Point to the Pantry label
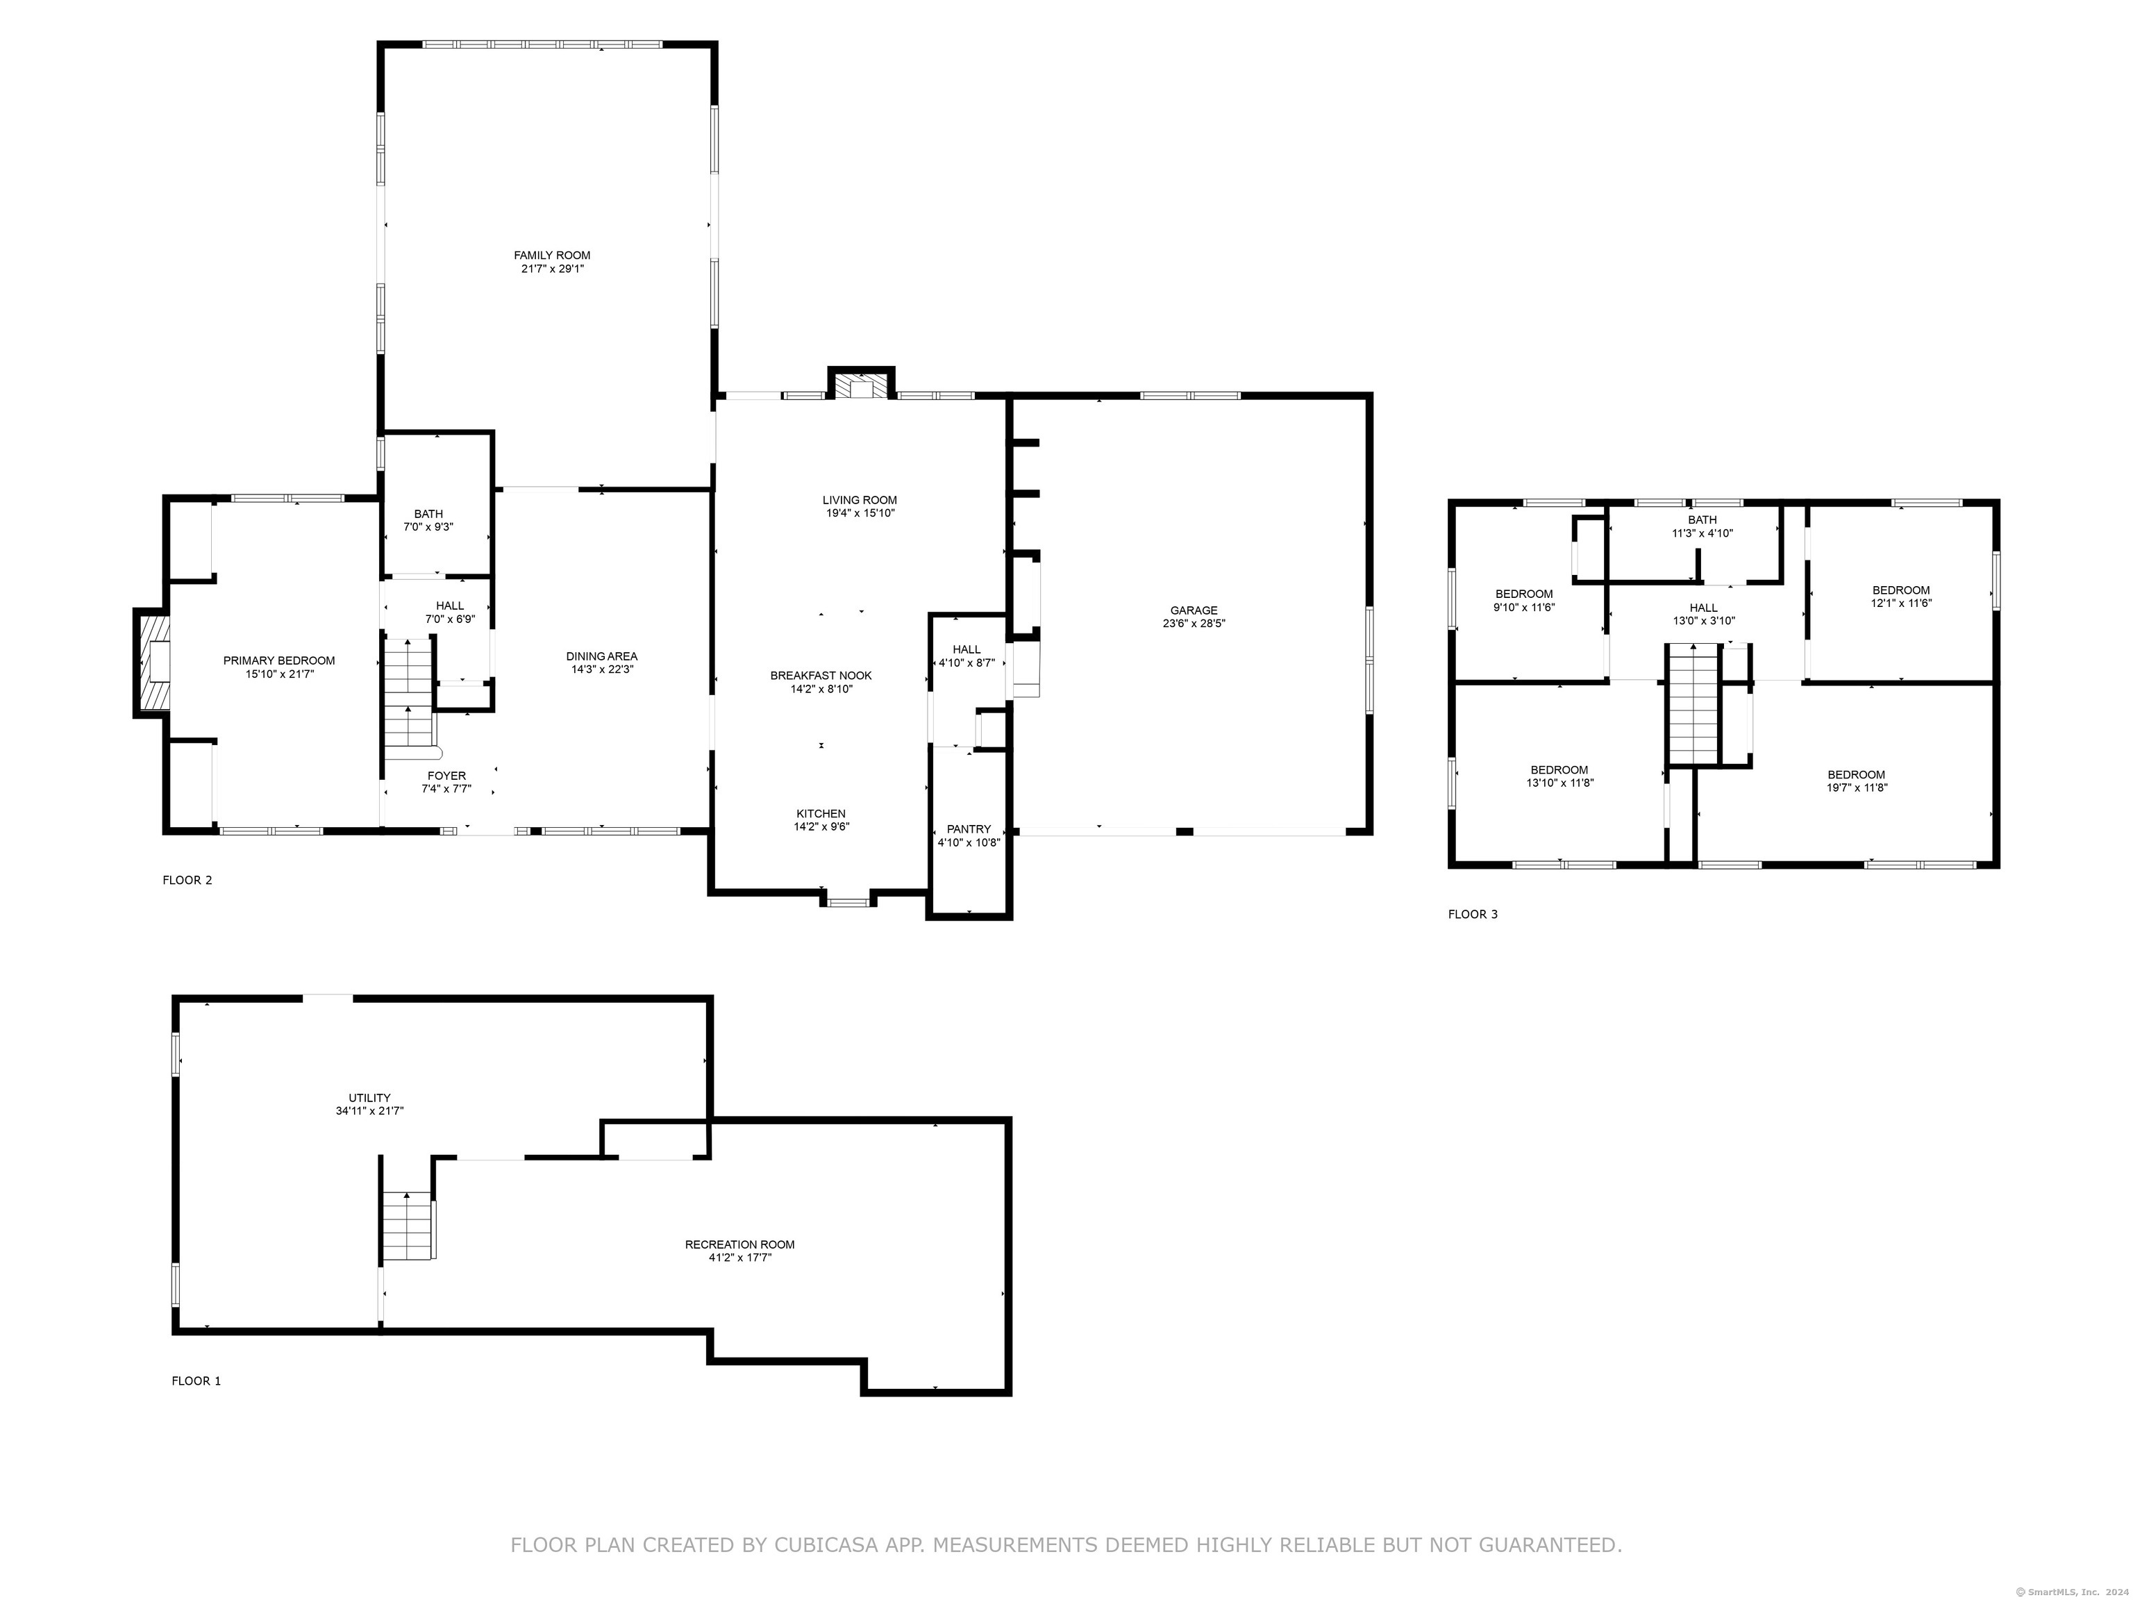pos(969,829)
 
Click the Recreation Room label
pos(739,1244)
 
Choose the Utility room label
pos(369,1097)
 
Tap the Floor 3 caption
pos(1473,915)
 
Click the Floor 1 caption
pos(196,1381)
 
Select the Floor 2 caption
pos(187,880)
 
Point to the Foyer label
pos(446,776)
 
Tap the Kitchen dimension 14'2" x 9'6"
pos(821,826)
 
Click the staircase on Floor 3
pos(1694,703)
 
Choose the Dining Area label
pos(602,657)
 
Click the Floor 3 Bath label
pos(1702,520)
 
